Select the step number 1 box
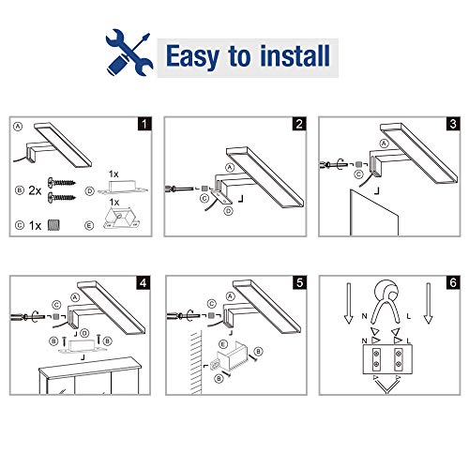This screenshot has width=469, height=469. click(142, 123)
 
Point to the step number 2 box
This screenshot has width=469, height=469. click(298, 123)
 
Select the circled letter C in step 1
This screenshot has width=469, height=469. click(19, 225)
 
